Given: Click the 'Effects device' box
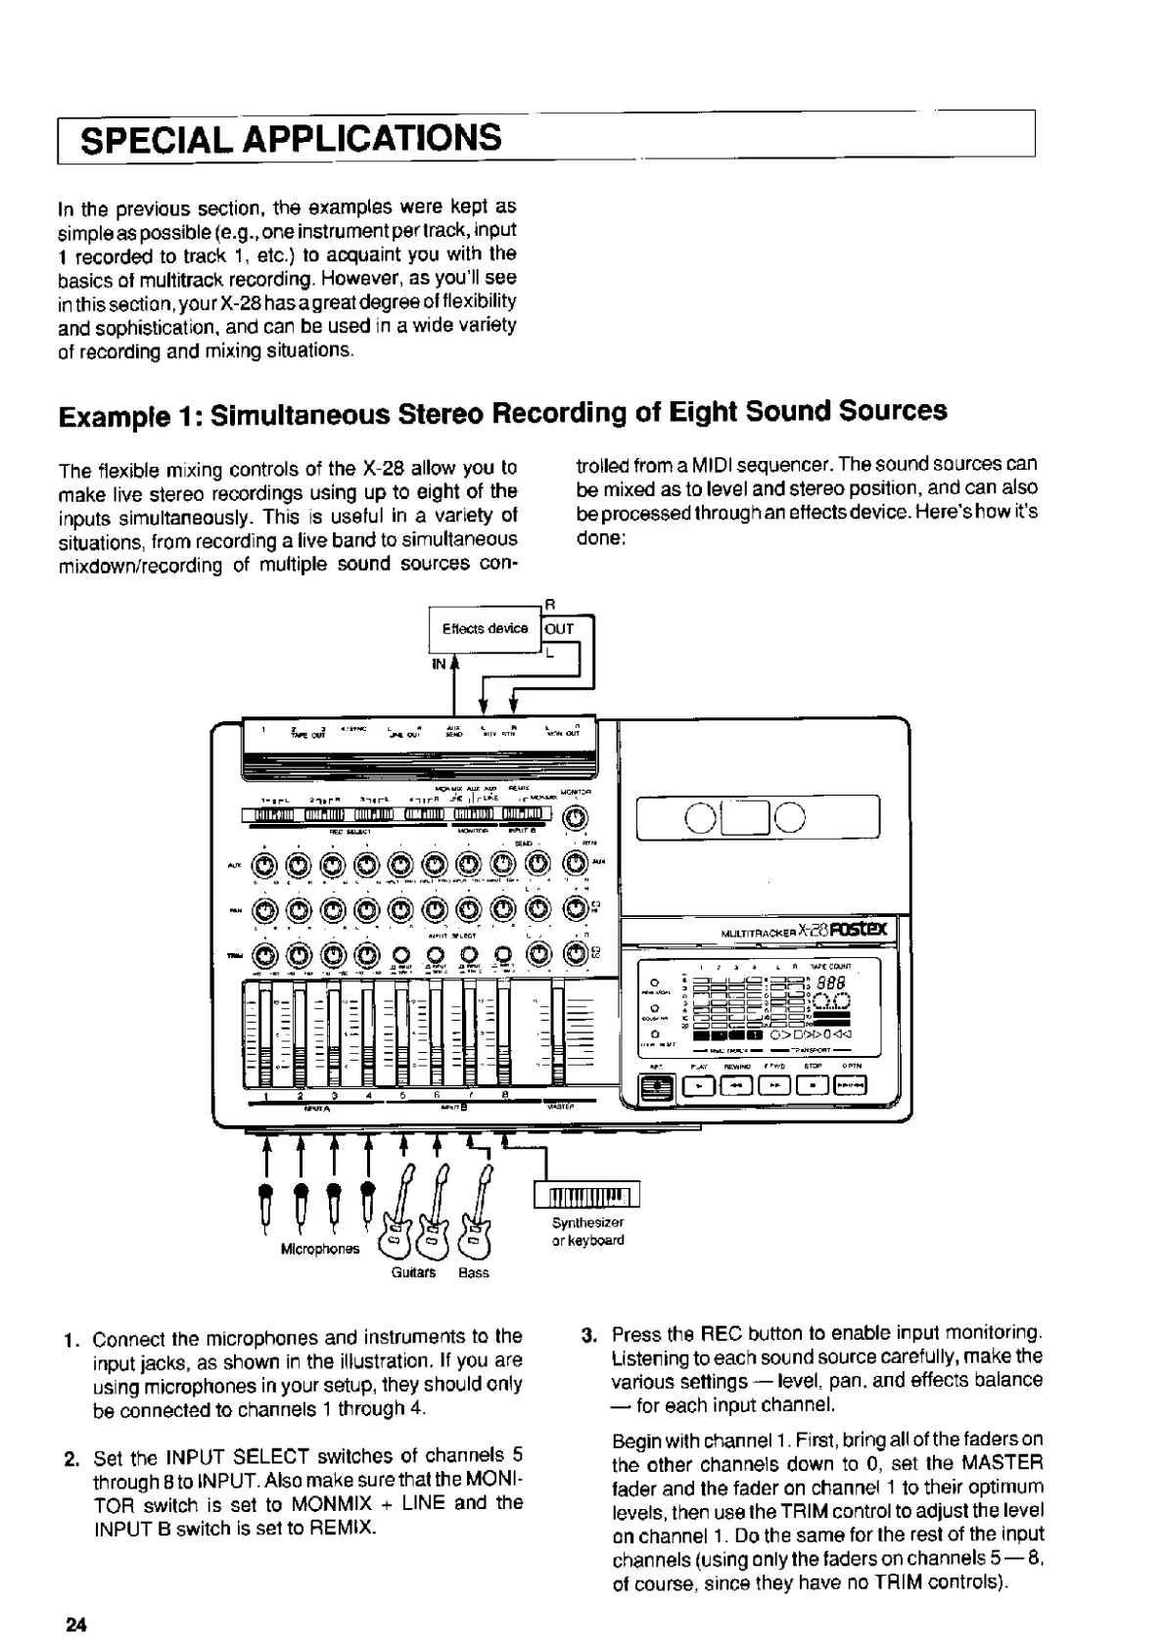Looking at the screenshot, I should point(485,629).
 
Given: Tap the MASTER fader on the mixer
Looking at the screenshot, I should point(558,1032).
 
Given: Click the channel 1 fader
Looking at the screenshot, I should point(261,1032).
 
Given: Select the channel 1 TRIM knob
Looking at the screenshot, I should point(264,955).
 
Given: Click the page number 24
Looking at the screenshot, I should point(75,1625).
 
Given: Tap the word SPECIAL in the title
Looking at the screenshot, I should point(155,138).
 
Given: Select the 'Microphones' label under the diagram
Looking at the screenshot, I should point(320,1250).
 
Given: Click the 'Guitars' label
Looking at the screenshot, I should point(413,1272).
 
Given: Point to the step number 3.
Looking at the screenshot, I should point(588,1334).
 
